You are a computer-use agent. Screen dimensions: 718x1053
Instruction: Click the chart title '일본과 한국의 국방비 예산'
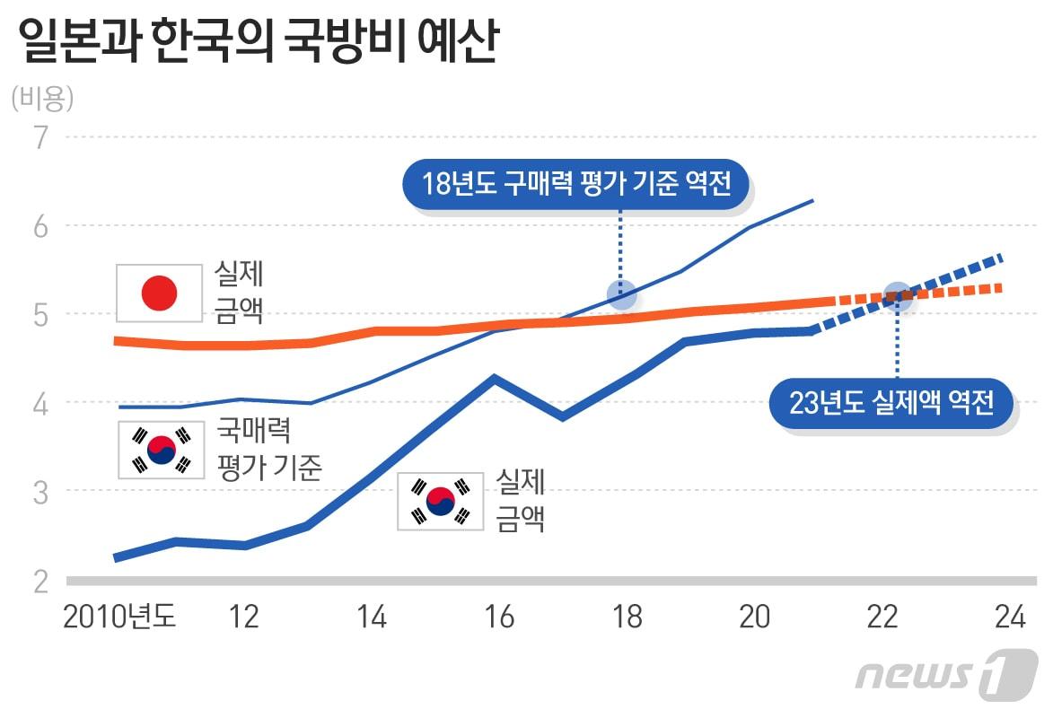256,43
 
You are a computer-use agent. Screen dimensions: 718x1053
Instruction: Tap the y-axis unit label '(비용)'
42,98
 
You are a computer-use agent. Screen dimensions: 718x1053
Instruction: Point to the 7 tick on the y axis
41,137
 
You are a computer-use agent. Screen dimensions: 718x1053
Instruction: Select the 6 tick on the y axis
41,226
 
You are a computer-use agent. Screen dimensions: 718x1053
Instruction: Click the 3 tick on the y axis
41,491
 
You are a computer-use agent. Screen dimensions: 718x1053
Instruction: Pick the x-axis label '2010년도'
119,617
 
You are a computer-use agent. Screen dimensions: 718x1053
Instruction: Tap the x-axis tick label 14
371,617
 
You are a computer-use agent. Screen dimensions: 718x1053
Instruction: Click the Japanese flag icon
160,293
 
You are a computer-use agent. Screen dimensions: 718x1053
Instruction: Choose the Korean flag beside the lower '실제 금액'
441,501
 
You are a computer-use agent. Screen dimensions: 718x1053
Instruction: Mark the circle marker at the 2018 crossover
621,293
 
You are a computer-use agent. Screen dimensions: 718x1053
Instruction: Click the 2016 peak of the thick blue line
493,379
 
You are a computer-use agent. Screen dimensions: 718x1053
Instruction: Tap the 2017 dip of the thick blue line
561,416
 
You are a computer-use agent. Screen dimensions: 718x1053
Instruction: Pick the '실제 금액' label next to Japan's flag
239,292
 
